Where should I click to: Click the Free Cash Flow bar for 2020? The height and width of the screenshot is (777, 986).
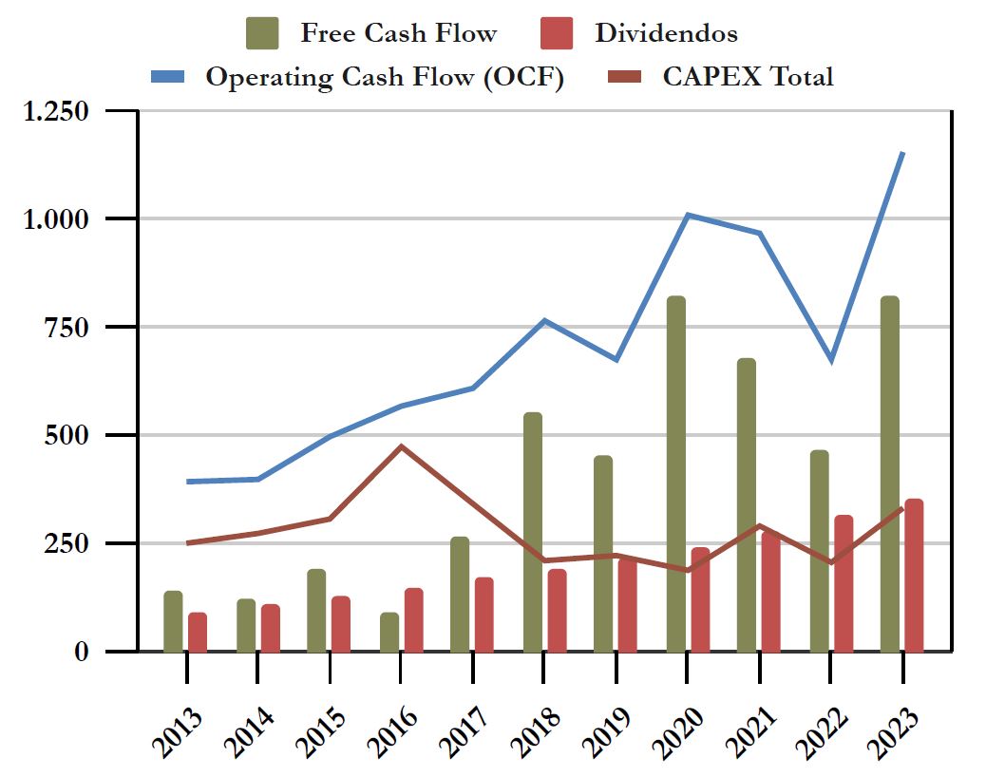point(675,474)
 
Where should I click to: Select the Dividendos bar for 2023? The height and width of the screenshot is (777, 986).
point(914,575)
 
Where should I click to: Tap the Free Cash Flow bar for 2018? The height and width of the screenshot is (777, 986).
point(532,532)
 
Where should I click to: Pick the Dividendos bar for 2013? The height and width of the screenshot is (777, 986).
point(198,632)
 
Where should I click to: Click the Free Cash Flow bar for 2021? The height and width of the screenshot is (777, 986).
point(747,504)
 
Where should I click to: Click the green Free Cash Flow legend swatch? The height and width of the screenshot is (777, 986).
point(261,33)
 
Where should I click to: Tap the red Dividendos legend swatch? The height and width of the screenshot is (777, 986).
point(555,33)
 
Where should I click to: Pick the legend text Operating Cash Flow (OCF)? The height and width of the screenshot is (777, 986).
point(385,77)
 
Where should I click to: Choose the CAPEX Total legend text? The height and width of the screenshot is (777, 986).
point(747,77)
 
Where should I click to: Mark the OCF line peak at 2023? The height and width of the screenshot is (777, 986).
point(902,153)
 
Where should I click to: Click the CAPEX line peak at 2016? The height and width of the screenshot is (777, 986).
point(401,446)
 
